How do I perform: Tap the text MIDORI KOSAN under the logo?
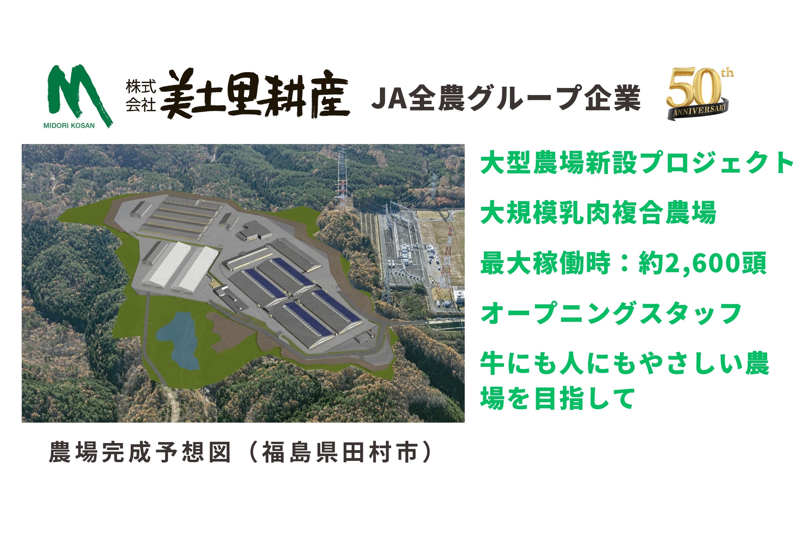pos(69,126)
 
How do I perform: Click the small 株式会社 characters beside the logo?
pos(141,96)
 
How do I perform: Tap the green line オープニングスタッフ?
pos(611,313)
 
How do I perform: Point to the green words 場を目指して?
pos(557,398)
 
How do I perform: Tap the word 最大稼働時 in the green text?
pos(545,263)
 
